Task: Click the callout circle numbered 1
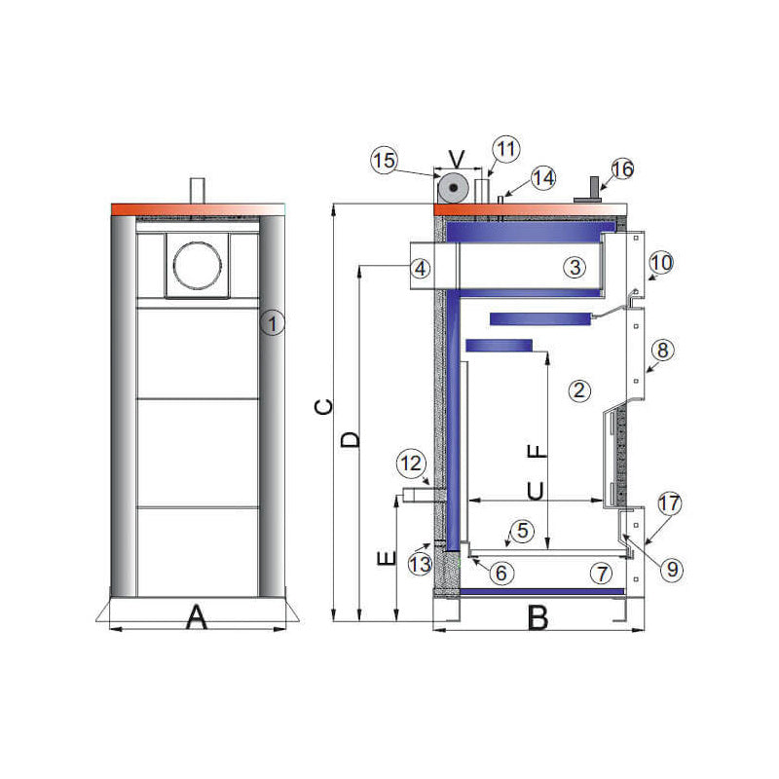click(x=274, y=323)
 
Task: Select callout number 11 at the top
click(x=505, y=149)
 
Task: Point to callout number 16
click(x=622, y=169)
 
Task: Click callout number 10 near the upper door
click(x=661, y=262)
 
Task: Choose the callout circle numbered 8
click(x=661, y=350)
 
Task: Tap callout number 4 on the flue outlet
click(x=419, y=268)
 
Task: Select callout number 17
click(x=668, y=504)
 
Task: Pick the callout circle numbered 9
click(x=670, y=569)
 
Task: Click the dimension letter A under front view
click(x=198, y=616)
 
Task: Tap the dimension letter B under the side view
click(x=537, y=616)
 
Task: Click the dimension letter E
click(x=386, y=559)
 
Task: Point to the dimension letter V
click(x=456, y=157)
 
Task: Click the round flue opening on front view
click(x=200, y=263)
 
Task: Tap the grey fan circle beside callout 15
click(x=454, y=187)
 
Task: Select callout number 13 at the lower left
click(x=420, y=563)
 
